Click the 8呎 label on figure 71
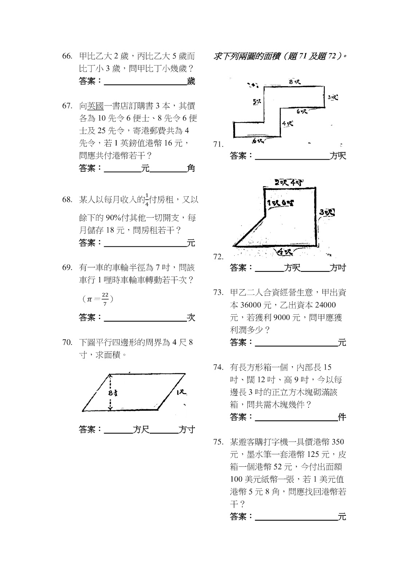pyautogui.click(x=295, y=82)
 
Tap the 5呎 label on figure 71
pyautogui.click(x=256, y=102)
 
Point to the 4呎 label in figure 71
pyautogui.click(x=287, y=124)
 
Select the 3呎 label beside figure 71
pyautogui.click(x=332, y=97)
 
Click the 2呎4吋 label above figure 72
pyautogui.click(x=290, y=183)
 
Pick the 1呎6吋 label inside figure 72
pyautogui.click(x=280, y=203)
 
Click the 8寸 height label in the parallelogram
pyautogui.click(x=113, y=394)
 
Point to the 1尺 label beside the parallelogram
pyautogui.click(x=181, y=393)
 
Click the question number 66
pyautogui.click(x=67, y=56)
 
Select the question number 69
pyautogui.click(x=67, y=268)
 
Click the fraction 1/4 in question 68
pyautogui.click(x=147, y=200)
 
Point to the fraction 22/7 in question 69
pyautogui.click(x=105, y=299)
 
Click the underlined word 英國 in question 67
pyautogui.click(x=95, y=106)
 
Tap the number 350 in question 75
pyautogui.click(x=338, y=442)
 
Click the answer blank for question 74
pyautogui.click(x=296, y=417)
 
